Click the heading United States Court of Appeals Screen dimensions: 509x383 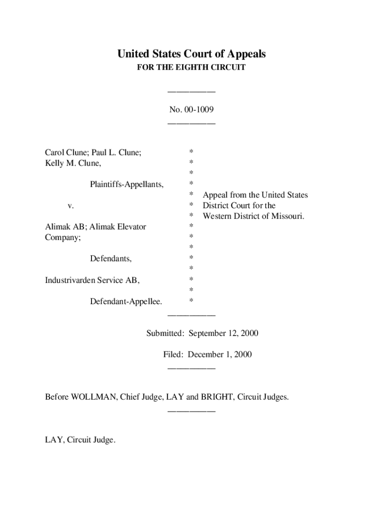click(x=191, y=54)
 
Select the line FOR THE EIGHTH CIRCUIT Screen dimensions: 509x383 click(x=191, y=68)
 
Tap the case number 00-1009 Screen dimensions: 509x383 click(x=198, y=108)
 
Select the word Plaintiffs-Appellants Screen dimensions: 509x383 click(x=126, y=184)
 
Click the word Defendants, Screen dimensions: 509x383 click(x=111, y=258)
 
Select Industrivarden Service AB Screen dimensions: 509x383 click(x=92, y=280)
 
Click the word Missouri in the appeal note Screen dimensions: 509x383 click(x=286, y=216)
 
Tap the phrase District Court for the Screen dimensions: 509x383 click(x=239, y=205)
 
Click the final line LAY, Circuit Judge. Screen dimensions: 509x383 click(x=80, y=440)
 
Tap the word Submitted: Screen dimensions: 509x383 click(x=165, y=333)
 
